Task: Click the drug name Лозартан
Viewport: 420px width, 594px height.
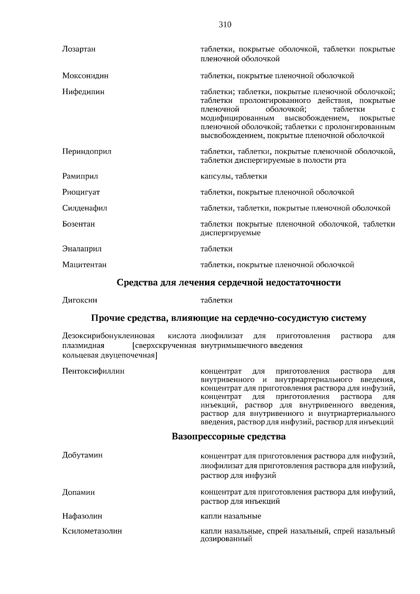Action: pyautogui.click(x=79, y=49)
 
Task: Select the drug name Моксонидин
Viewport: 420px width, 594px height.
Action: pyautogui.click(x=85, y=76)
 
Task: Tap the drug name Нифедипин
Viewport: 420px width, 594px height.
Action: pyautogui.click(x=83, y=92)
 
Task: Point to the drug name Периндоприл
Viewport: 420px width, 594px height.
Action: pyautogui.click(x=87, y=152)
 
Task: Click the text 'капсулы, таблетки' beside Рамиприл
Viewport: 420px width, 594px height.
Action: pyautogui.click(x=233, y=176)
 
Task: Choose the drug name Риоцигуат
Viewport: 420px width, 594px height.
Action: pyautogui.click(x=81, y=192)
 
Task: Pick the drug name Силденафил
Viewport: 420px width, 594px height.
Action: pyautogui.click(x=85, y=208)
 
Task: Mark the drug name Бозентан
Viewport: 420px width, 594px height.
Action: pyautogui.click(x=78, y=224)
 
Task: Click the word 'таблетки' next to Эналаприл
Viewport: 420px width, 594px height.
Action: pyautogui.click(x=216, y=249)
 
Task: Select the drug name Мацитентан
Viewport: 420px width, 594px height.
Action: pyautogui.click(x=84, y=265)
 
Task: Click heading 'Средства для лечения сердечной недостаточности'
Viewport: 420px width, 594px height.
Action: pyautogui.click(x=229, y=282)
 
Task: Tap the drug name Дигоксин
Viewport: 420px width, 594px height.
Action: pyautogui.click(x=79, y=300)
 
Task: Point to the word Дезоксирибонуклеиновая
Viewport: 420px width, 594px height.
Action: pyautogui.click(x=108, y=336)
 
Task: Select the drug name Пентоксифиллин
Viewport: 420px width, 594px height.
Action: pyautogui.click(x=93, y=371)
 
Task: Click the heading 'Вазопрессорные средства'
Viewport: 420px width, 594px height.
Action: pyautogui.click(x=229, y=436)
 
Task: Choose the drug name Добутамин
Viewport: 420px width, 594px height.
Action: pyautogui.click(x=82, y=455)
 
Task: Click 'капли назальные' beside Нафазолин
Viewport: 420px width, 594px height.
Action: pyautogui.click(x=231, y=516)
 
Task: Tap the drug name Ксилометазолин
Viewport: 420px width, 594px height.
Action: pyautogui.click(x=92, y=531)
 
